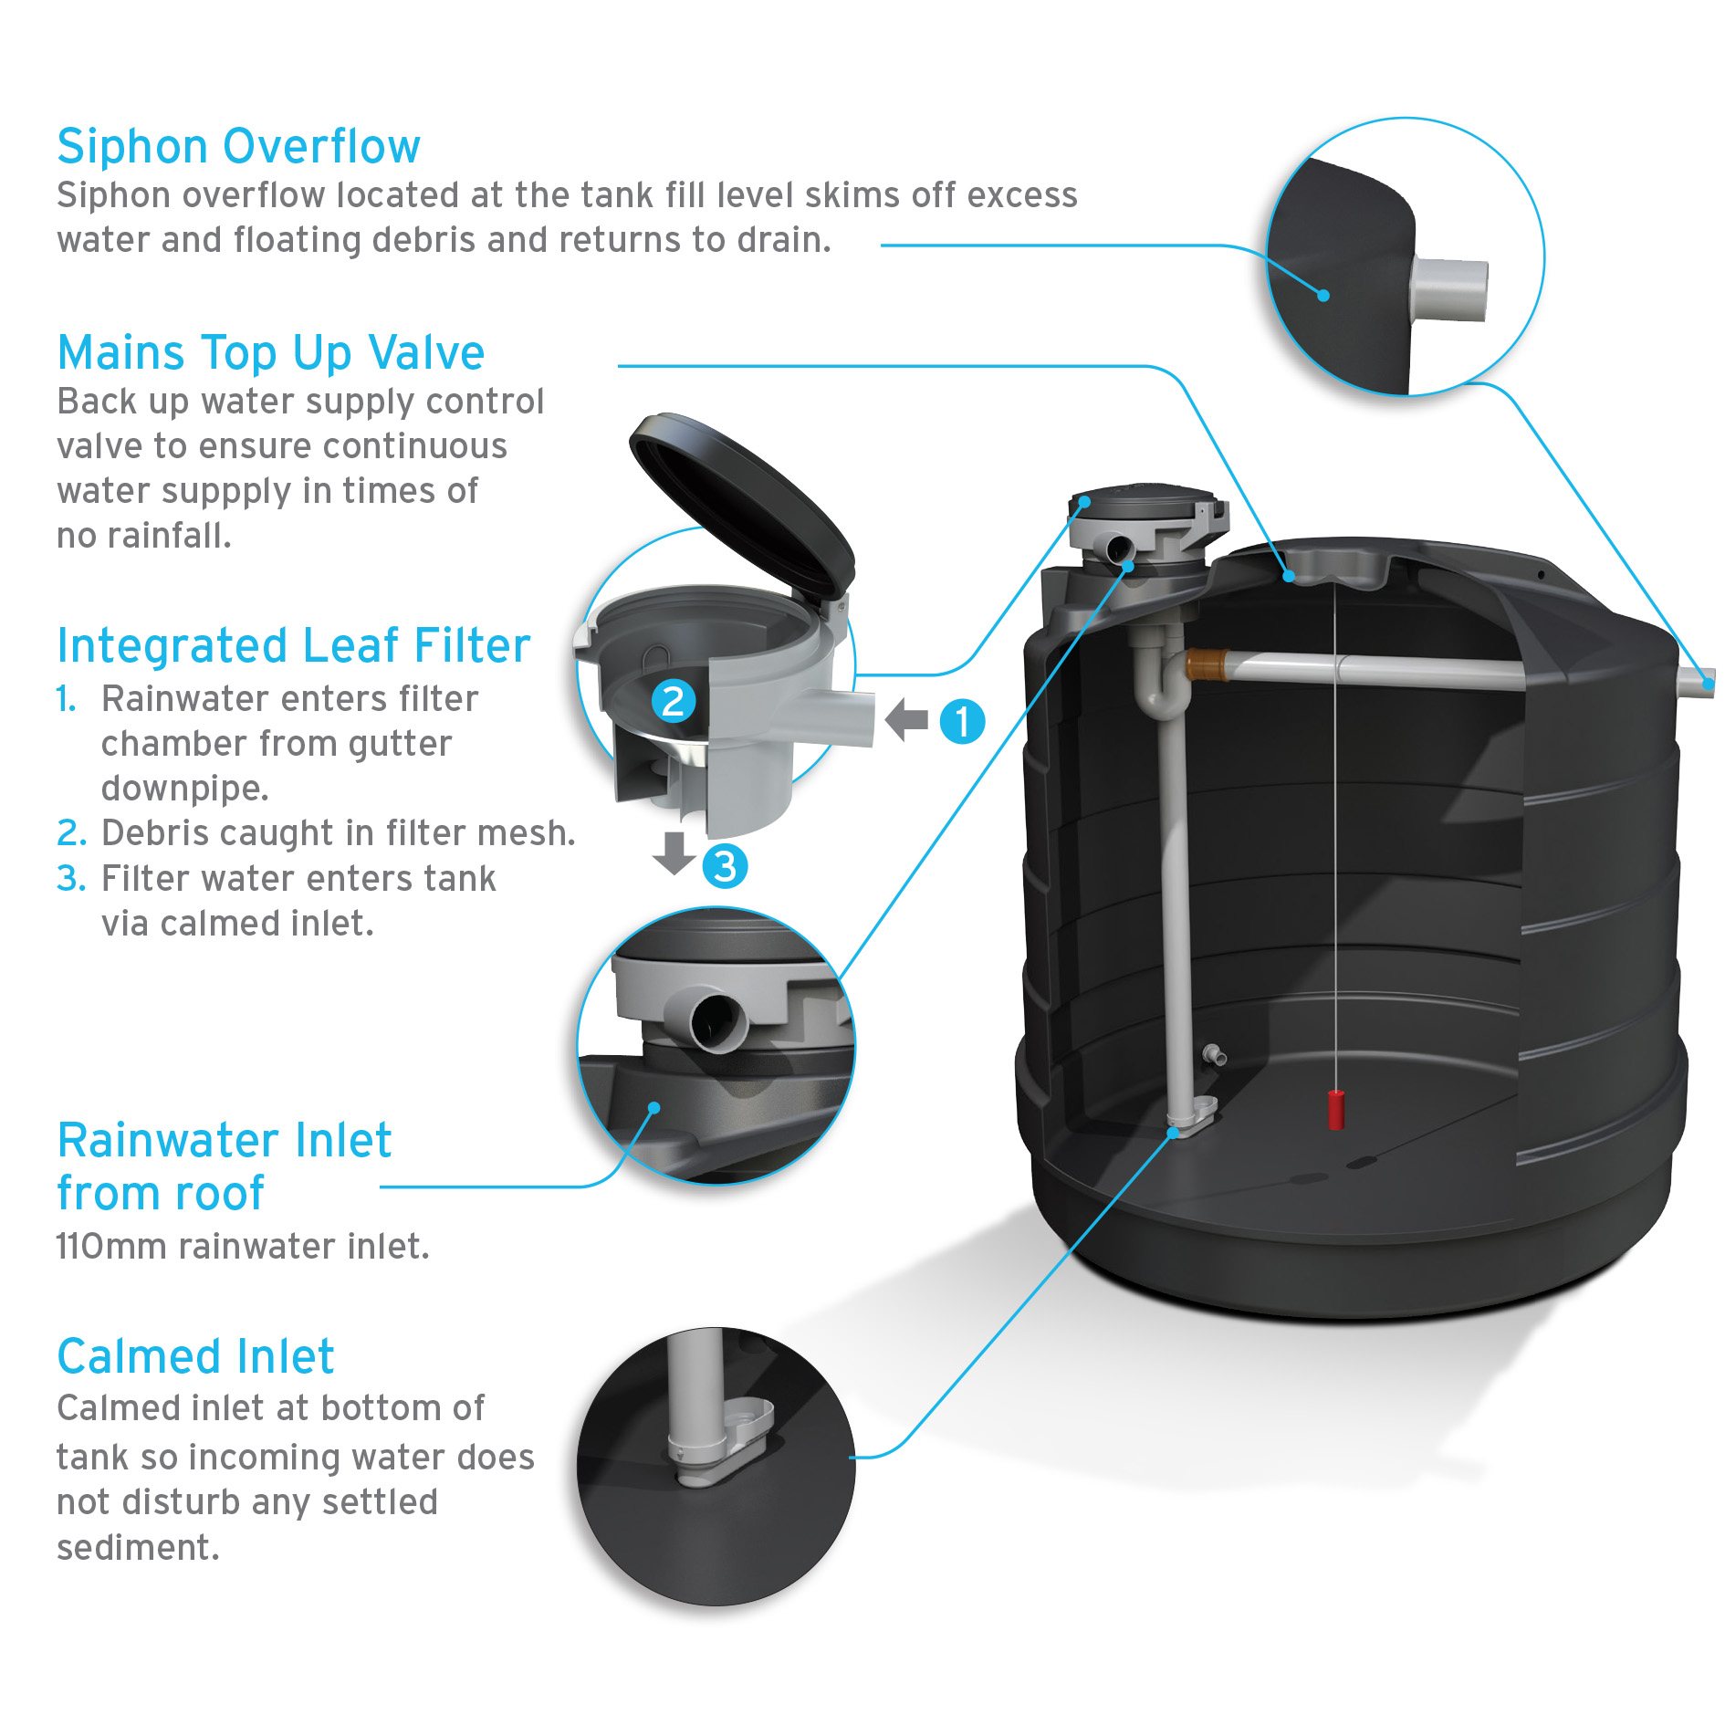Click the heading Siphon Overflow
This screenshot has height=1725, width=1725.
[x=238, y=147]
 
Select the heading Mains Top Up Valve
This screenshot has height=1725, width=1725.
[x=270, y=353]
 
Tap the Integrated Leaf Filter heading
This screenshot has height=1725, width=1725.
[x=293, y=646]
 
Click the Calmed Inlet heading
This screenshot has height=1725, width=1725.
[x=195, y=1357]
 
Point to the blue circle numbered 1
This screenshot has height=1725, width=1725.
[x=962, y=722]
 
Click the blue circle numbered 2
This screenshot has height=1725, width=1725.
[x=674, y=701]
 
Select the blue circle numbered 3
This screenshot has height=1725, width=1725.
[x=725, y=866]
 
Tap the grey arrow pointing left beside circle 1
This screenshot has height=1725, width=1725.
[x=905, y=720]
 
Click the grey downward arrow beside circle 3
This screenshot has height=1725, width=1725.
[x=674, y=852]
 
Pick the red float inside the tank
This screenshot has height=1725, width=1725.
[x=1335, y=1109]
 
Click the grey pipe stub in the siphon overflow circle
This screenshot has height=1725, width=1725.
[x=1448, y=289]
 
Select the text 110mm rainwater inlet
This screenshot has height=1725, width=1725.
[x=243, y=1247]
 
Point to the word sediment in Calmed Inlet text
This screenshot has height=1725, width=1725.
[x=138, y=1548]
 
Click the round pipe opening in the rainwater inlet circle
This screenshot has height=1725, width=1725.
[x=718, y=1022]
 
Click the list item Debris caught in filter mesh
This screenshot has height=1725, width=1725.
[x=338, y=833]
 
